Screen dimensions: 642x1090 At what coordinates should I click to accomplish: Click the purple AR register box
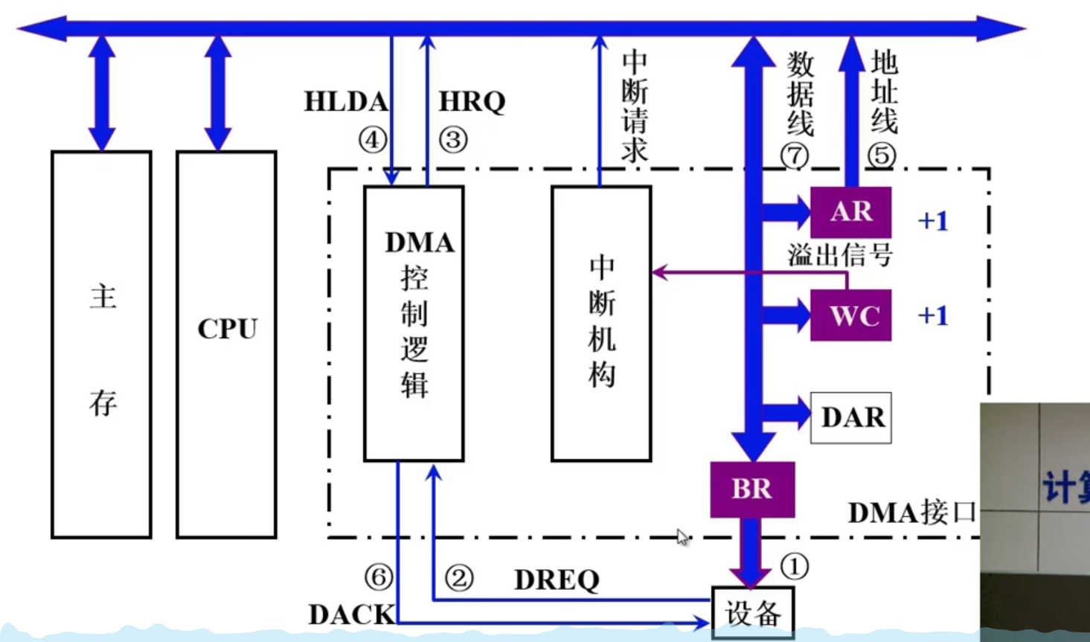[850, 212]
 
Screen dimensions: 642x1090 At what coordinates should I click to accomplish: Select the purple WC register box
[850, 315]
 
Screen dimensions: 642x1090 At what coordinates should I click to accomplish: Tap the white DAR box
[851, 417]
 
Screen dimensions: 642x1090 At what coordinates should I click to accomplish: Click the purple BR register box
[751, 489]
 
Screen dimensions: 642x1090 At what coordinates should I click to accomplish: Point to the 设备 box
[753, 613]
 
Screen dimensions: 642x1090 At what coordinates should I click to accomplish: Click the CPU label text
[227, 329]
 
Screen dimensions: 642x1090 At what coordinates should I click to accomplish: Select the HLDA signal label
[345, 102]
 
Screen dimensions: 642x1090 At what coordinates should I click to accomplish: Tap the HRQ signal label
[472, 102]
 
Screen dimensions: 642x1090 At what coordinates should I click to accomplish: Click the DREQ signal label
[557, 580]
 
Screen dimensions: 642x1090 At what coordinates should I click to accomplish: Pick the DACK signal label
[351, 614]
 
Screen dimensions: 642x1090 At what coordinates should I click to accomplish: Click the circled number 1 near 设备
[794, 567]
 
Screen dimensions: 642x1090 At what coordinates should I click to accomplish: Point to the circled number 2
[458, 578]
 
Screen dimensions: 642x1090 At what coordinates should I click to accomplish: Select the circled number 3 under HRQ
[453, 139]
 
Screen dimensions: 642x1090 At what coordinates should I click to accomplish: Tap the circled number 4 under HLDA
[373, 139]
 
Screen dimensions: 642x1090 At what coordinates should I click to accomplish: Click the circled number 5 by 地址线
[882, 155]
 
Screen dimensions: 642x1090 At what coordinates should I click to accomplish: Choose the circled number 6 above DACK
[378, 577]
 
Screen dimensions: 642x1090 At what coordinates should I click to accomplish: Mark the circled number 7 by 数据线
[795, 155]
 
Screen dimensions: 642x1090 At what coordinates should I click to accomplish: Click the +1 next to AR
[933, 221]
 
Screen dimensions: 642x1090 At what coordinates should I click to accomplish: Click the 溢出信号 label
[840, 256]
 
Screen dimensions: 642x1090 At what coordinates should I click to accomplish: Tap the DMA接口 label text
[911, 513]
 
